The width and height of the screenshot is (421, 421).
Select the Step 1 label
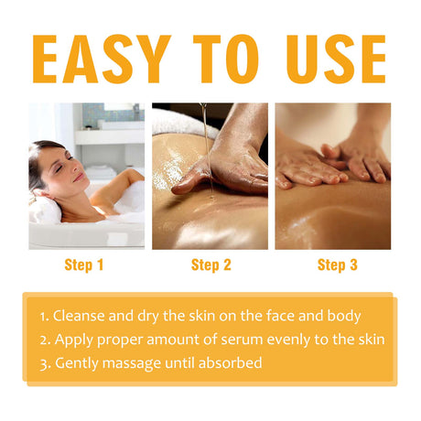85,266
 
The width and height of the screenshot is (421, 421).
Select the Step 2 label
211,266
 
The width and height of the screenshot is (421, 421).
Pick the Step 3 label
338,266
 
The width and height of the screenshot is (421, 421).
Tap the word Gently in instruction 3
77,363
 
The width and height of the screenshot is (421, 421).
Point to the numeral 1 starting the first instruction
42,316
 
